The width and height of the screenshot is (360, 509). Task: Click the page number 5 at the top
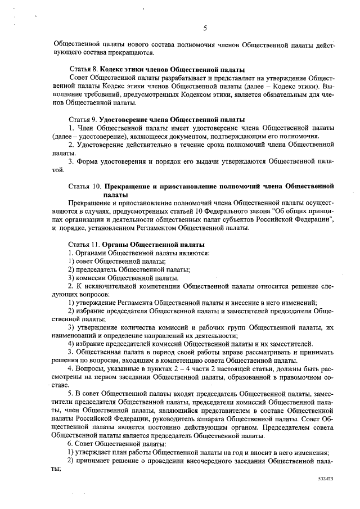tap(205, 28)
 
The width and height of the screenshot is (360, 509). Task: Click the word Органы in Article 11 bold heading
tap(115, 245)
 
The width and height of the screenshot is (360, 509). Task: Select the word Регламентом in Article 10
tap(152, 228)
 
